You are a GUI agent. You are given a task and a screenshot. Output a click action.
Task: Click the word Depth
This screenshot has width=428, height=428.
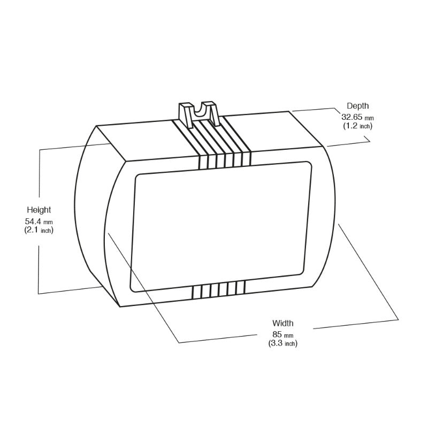pyautogui.click(x=357, y=106)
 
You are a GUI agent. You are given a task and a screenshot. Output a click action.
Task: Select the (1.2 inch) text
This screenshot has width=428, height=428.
pyautogui.click(x=357, y=126)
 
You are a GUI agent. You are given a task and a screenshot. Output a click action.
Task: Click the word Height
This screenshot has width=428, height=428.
pyautogui.click(x=39, y=210)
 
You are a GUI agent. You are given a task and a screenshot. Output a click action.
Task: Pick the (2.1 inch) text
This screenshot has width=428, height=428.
pyautogui.click(x=39, y=230)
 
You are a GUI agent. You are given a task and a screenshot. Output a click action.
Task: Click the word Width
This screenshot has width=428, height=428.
pyautogui.click(x=282, y=323)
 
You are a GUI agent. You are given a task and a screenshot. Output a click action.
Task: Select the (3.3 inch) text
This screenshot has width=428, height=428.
pyautogui.click(x=282, y=343)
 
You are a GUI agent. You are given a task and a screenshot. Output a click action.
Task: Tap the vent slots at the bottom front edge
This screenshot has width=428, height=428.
pyautogui.click(x=218, y=289)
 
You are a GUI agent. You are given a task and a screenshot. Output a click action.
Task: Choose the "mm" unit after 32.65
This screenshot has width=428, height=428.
pyautogui.click(x=369, y=117)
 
